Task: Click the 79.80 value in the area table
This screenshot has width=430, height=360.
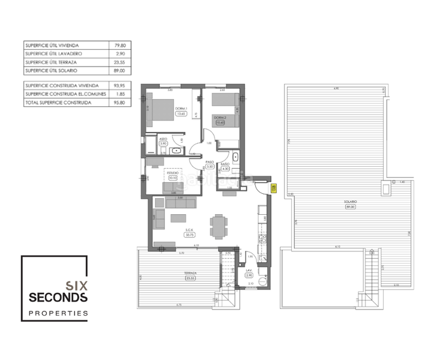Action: [120, 45]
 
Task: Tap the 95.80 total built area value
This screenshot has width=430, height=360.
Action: [120, 103]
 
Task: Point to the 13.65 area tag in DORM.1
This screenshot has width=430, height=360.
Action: [180, 113]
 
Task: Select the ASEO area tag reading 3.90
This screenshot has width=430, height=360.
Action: [163, 144]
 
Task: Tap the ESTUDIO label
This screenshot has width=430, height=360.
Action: [174, 172]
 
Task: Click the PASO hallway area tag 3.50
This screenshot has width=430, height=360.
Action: [210, 167]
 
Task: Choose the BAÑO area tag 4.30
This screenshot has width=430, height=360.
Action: [226, 168]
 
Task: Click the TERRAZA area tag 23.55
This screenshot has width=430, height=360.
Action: [191, 278]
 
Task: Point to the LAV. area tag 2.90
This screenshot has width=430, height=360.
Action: [249, 275]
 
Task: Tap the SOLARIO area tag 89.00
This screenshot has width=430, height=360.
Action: [351, 206]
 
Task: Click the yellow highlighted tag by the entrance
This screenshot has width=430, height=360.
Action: [274, 189]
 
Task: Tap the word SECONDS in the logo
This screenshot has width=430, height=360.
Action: [58, 298]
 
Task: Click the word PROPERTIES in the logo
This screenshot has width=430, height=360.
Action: [58, 313]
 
